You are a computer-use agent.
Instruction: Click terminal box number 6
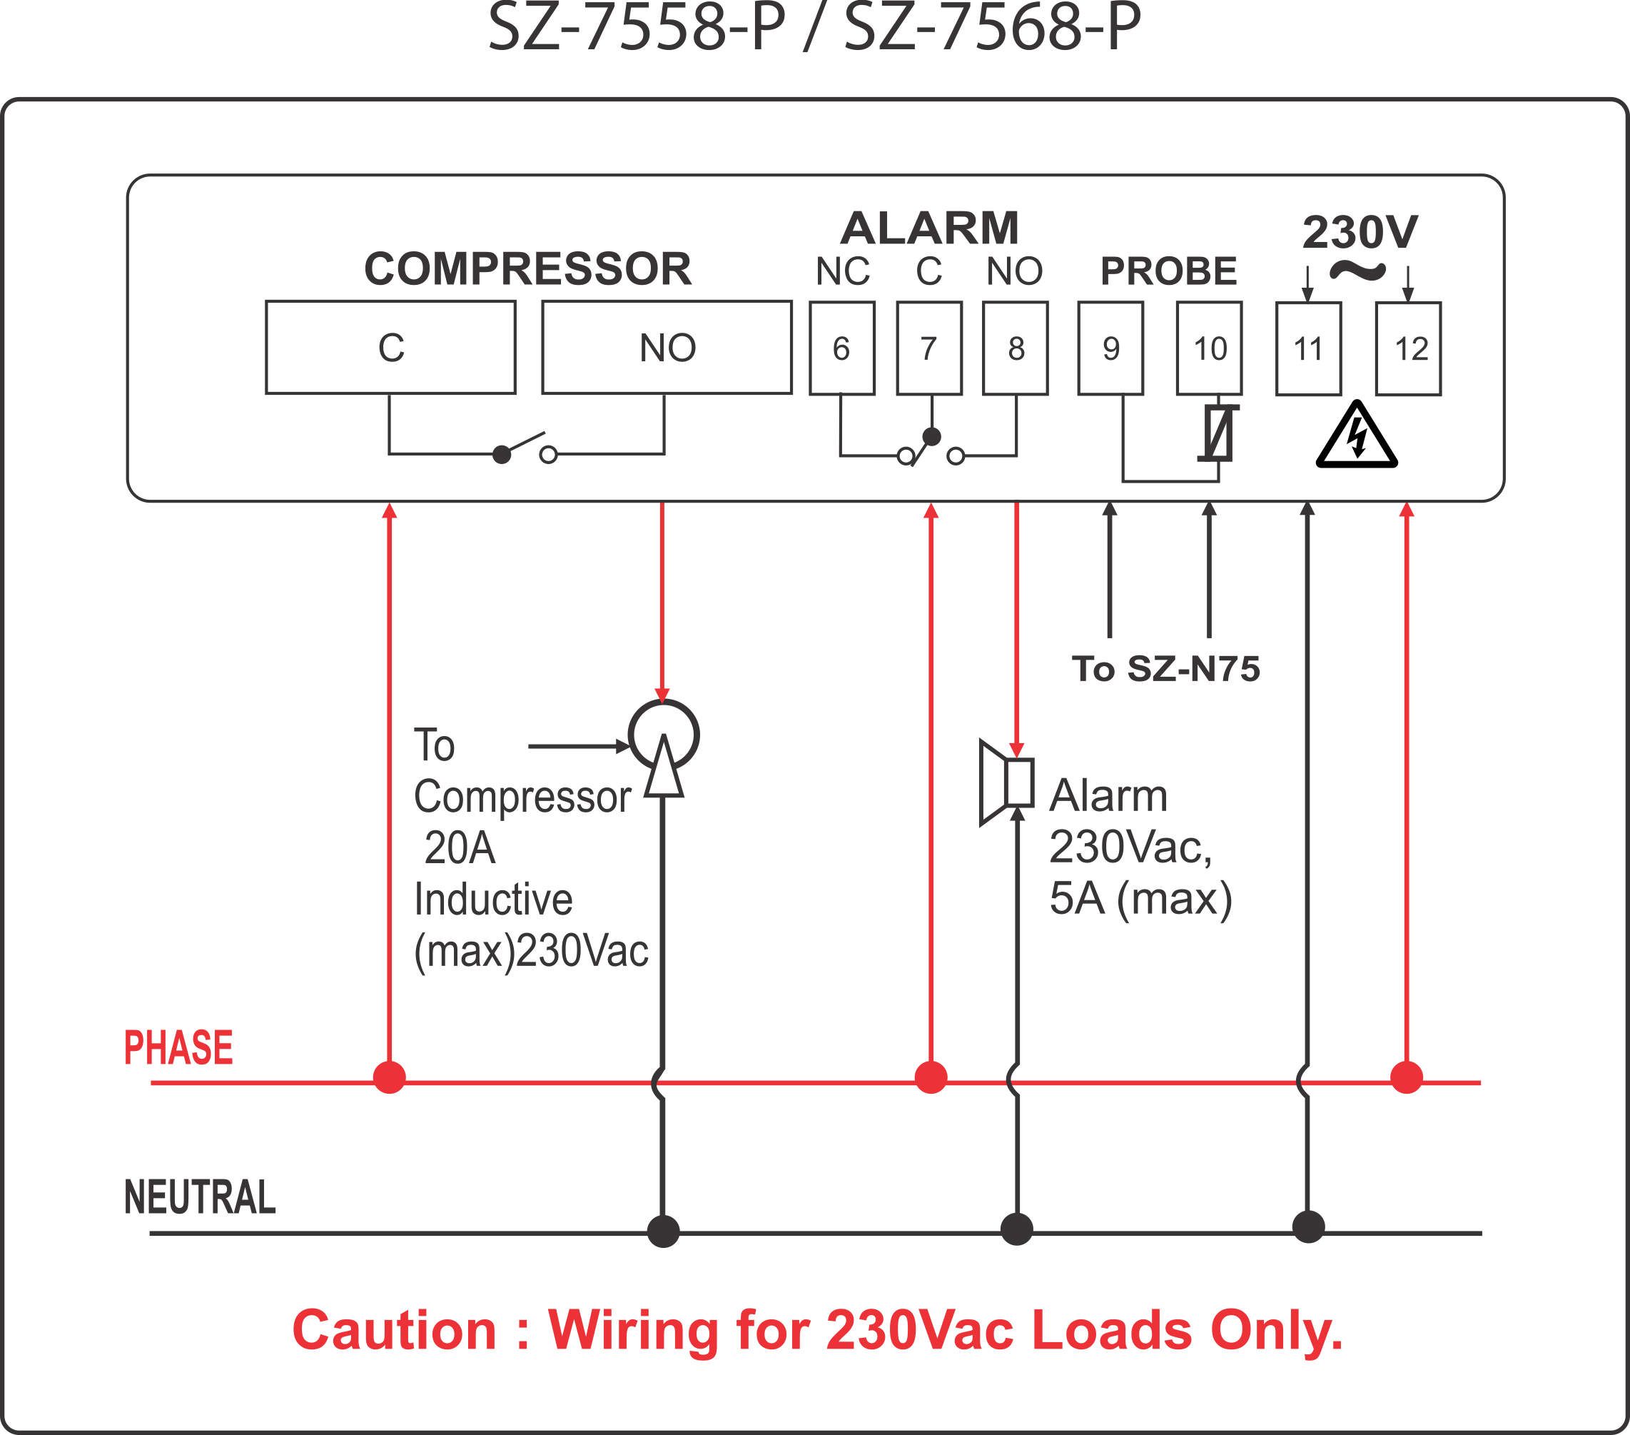pyautogui.click(x=842, y=348)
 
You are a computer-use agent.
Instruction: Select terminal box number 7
pyautogui.click(x=929, y=348)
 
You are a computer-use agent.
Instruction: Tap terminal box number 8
pyautogui.click(x=1015, y=348)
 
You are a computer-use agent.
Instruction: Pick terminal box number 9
pyautogui.click(x=1110, y=348)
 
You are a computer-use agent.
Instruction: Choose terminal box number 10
pyautogui.click(x=1209, y=348)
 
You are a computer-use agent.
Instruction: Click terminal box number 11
pyautogui.click(x=1308, y=349)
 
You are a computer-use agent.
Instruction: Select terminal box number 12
pyautogui.click(x=1408, y=349)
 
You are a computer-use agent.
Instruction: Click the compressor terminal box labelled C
pyautogui.click(x=391, y=348)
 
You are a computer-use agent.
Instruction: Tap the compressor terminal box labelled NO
pyautogui.click(x=667, y=348)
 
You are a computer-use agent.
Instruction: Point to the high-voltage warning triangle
pyautogui.click(x=1357, y=438)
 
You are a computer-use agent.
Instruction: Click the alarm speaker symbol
pyautogui.click(x=1006, y=782)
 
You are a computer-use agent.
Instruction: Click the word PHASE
pyautogui.click(x=178, y=1047)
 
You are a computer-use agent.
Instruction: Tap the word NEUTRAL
pyautogui.click(x=200, y=1197)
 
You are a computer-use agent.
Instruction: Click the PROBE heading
pyautogui.click(x=1168, y=271)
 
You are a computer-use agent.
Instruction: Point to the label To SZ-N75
pyautogui.click(x=1166, y=668)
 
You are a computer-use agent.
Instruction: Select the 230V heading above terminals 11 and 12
pyautogui.click(x=1360, y=232)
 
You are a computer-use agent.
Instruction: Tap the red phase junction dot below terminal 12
pyautogui.click(x=1407, y=1077)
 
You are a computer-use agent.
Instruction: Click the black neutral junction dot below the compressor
pyautogui.click(x=664, y=1231)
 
